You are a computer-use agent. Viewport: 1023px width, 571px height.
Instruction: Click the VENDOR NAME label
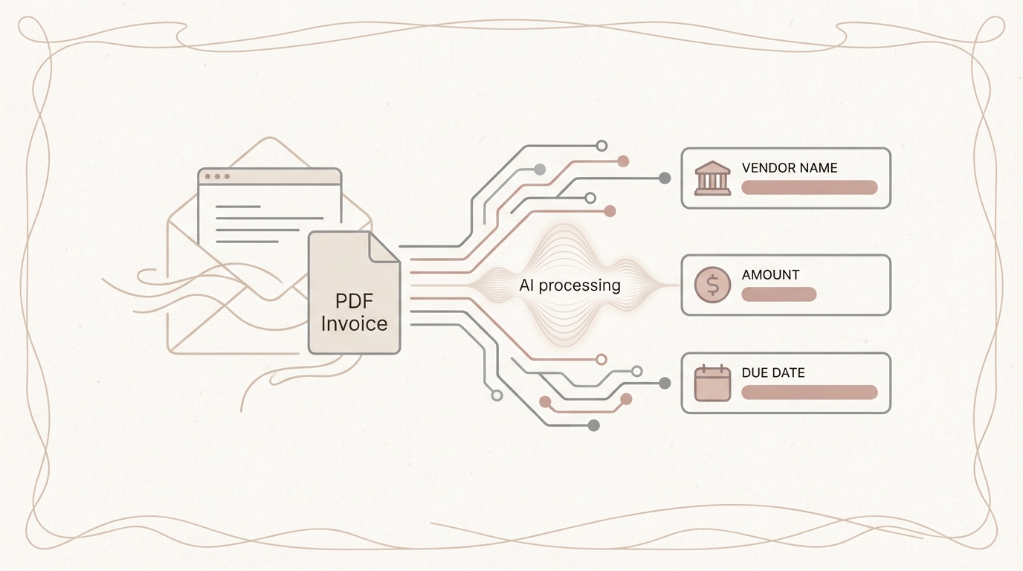point(789,168)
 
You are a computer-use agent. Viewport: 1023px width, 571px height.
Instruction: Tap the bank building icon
point(712,178)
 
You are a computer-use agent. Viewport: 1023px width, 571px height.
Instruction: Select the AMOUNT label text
point(770,275)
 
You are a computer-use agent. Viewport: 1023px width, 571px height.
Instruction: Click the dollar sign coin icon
point(712,285)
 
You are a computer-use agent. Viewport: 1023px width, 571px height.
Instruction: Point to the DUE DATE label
point(772,373)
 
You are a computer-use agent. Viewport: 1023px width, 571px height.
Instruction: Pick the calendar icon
point(712,384)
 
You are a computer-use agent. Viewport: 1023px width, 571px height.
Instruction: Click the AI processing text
point(569,285)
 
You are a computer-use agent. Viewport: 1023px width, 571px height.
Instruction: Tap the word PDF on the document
point(355,302)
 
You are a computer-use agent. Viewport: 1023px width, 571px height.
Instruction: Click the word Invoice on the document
point(355,324)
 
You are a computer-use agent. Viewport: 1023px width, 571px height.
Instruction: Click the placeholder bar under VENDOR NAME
point(809,187)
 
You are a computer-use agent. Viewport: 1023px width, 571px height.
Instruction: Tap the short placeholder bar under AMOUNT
point(778,294)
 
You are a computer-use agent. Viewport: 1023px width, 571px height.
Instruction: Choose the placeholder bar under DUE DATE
point(809,393)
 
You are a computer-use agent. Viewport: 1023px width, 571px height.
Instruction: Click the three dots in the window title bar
point(217,176)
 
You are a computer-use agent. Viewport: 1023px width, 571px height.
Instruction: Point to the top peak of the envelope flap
point(269,139)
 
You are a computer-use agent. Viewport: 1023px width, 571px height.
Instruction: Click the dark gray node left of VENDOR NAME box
point(665,178)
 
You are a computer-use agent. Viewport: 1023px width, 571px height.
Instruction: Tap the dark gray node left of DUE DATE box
point(665,383)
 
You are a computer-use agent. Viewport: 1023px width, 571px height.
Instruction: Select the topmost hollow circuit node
point(601,146)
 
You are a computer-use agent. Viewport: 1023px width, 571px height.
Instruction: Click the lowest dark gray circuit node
point(593,425)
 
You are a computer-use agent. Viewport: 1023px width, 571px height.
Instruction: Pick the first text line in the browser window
point(238,207)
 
